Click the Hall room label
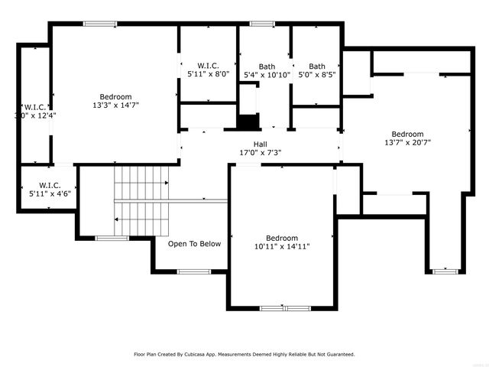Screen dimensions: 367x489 pos(261,144)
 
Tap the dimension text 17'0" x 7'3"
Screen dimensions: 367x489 pos(261,152)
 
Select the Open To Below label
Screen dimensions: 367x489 pos(195,244)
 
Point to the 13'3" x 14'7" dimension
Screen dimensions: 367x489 pos(115,106)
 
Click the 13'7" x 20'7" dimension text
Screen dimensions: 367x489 pos(407,141)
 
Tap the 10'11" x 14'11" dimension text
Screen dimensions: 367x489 pos(282,247)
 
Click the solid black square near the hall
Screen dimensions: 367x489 pos(248,122)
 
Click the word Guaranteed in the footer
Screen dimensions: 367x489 pos(338,355)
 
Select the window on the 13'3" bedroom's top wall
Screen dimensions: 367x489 pos(99,24)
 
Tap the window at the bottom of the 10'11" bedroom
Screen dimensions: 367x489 pos(283,308)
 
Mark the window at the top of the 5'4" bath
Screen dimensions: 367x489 pos(263,24)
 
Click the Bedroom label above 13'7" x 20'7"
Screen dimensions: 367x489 pos(407,133)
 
